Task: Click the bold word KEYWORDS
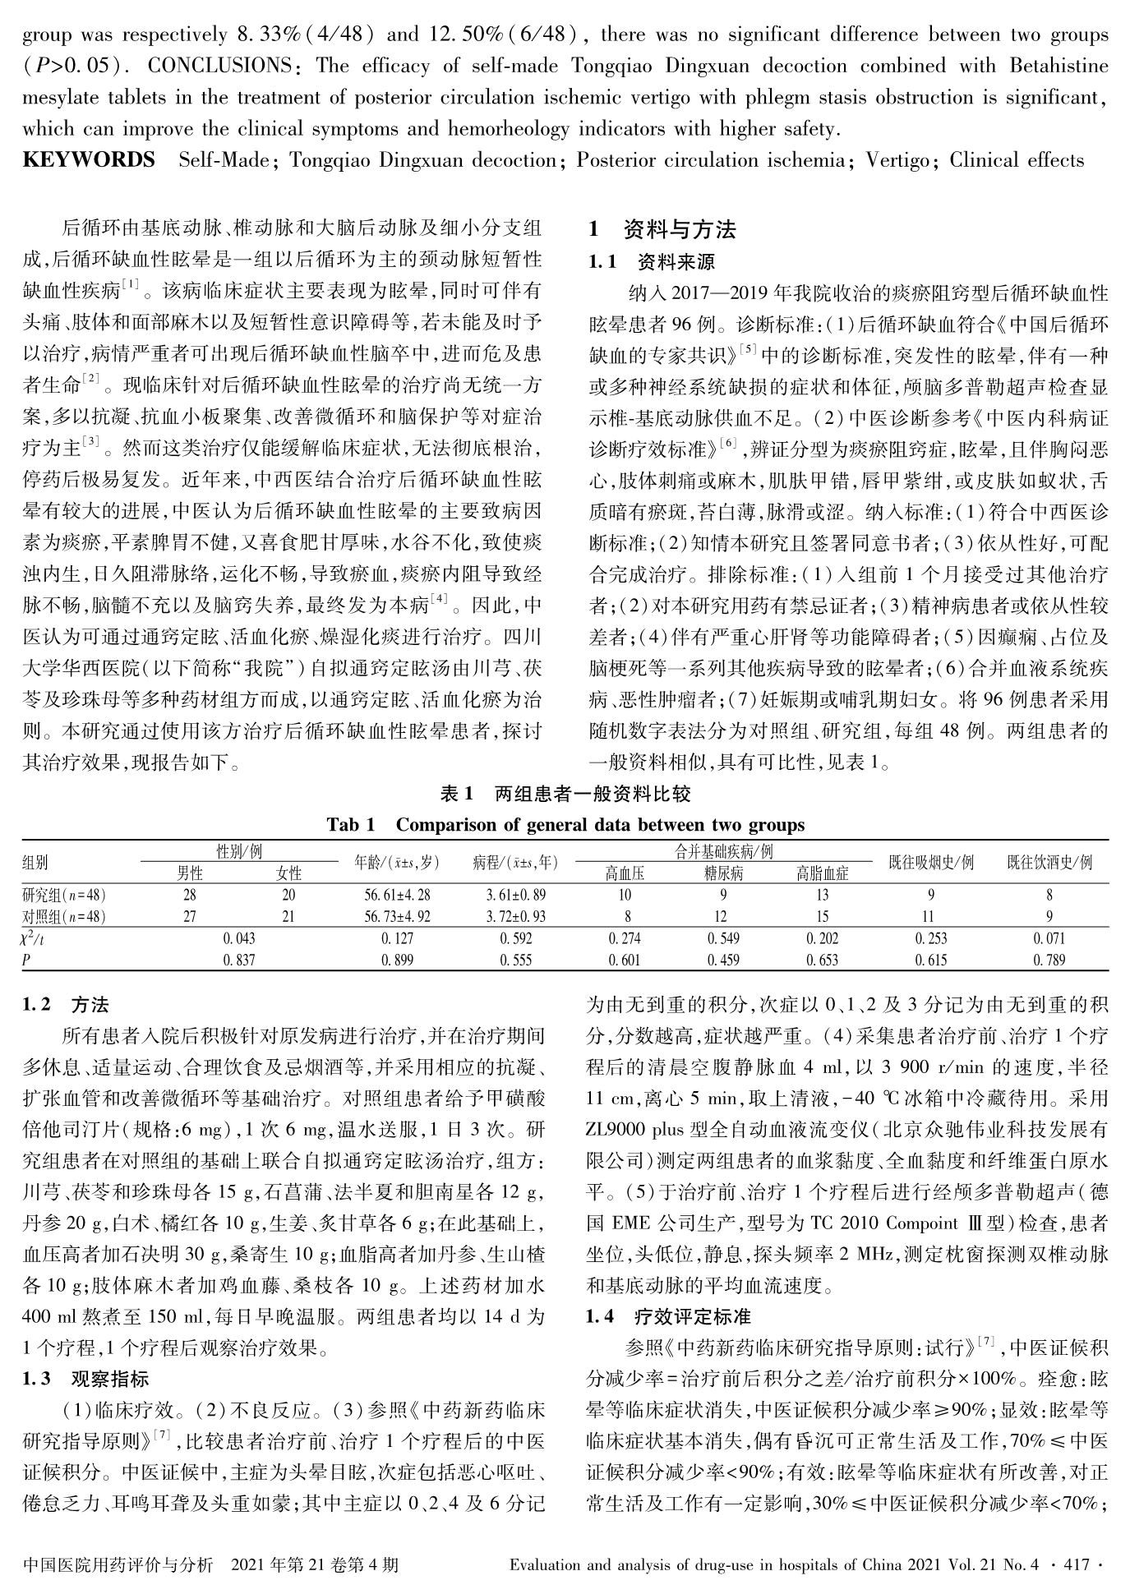point(89,160)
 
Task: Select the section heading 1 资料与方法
point(662,229)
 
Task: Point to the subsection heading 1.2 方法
point(66,1005)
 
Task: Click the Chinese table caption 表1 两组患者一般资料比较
point(565,793)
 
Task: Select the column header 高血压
point(625,873)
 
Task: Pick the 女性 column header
point(288,873)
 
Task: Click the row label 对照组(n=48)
point(64,916)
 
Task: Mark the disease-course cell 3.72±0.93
point(515,916)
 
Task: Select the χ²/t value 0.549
point(722,938)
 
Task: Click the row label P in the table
point(27,960)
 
